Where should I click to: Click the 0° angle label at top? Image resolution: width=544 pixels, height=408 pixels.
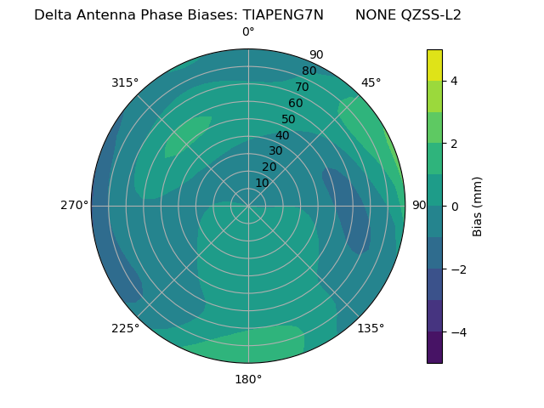click(248, 32)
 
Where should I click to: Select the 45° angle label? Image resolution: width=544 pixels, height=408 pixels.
click(371, 82)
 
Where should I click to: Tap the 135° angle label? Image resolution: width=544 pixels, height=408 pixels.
click(371, 328)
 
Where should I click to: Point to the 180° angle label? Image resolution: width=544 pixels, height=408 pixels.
click(248, 379)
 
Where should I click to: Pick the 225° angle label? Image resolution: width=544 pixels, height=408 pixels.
click(125, 328)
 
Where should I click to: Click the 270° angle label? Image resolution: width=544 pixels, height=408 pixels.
click(75, 206)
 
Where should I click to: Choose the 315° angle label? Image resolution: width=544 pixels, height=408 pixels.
click(125, 82)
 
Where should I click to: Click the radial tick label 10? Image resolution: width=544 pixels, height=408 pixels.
click(262, 183)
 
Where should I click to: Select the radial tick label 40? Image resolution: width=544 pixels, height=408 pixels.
click(282, 135)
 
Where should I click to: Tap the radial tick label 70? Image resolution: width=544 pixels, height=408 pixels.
click(302, 87)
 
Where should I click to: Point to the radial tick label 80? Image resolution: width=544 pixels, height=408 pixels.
click(309, 71)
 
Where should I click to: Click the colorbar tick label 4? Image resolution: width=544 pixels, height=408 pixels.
click(454, 81)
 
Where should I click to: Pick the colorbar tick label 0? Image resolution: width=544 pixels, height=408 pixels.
click(454, 207)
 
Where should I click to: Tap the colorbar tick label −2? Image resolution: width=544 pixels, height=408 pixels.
click(457, 269)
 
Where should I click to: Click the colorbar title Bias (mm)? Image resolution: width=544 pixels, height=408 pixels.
click(478, 207)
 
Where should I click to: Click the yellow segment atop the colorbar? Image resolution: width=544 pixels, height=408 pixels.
click(434, 65)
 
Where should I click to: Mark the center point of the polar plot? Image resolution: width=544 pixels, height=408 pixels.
click(248, 206)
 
